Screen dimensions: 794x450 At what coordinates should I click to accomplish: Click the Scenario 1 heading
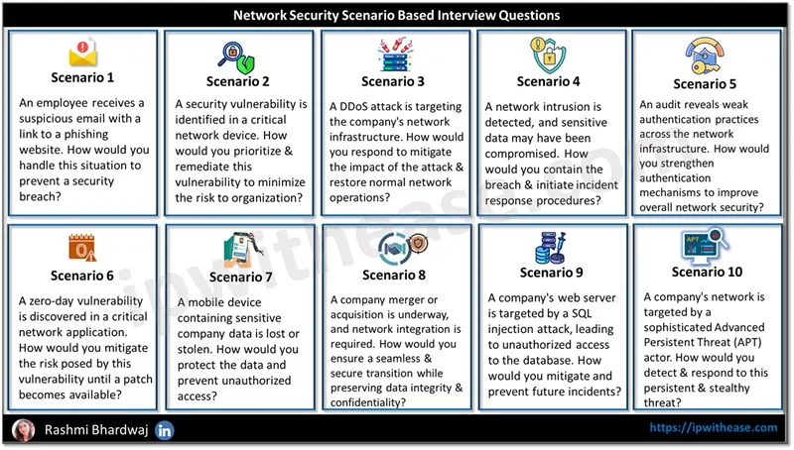pyautogui.click(x=82, y=77)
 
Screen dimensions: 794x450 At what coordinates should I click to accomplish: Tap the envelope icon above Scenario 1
pyautogui.click(x=82, y=53)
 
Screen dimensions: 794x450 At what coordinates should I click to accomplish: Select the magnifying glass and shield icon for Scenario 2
pyautogui.click(x=236, y=57)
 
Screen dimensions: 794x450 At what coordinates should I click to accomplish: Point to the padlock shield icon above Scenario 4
pyautogui.click(x=549, y=55)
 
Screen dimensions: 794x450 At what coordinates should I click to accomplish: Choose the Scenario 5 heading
pyautogui.click(x=705, y=84)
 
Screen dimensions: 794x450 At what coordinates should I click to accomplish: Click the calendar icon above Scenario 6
pyautogui.click(x=82, y=248)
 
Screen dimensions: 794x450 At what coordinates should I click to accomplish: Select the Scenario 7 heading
pyautogui.click(x=240, y=278)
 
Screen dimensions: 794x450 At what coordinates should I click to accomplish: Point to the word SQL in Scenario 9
pyautogui.click(x=582, y=313)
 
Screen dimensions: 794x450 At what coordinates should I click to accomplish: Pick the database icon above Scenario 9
pyautogui.click(x=551, y=248)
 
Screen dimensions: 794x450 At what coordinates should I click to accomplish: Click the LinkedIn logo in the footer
pyautogui.click(x=164, y=430)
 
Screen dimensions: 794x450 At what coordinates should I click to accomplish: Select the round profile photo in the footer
pyautogui.click(x=23, y=430)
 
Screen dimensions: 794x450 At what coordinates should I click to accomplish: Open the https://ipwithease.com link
pyautogui.click(x=714, y=428)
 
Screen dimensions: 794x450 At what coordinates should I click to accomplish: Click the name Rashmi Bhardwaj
pyautogui.click(x=96, y=430)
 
